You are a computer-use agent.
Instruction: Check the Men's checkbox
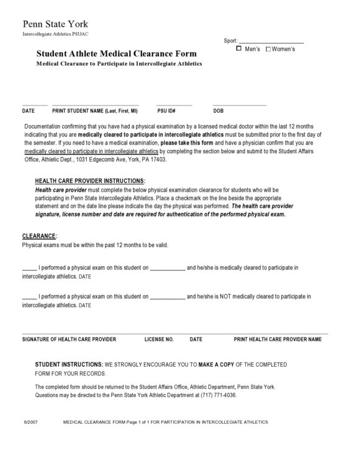pos(239,48)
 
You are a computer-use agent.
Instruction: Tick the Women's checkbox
pos(268,48)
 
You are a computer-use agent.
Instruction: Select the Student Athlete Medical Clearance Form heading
pos(117,54)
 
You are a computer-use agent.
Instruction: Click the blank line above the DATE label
pos(35,104)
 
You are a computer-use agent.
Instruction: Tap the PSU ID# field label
pos(166,111)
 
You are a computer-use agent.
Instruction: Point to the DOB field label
pos(218,111)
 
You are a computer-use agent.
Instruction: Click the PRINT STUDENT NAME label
pos(94,111)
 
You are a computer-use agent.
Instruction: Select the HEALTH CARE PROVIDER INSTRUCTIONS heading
pos(91,181)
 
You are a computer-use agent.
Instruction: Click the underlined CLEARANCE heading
pos(39,236)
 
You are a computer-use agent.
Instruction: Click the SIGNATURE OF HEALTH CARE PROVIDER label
pos(69,339)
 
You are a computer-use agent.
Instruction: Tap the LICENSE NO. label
pos(159,339)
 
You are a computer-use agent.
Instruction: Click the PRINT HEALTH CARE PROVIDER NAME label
pos(277,339)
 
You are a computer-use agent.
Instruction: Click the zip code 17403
pos(158,159)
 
